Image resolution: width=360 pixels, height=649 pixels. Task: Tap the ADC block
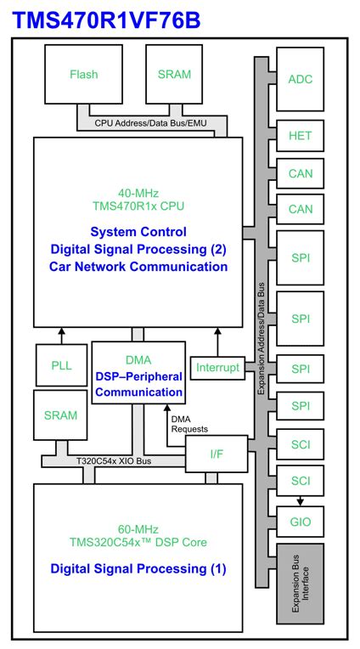pyautogui.click(x=300, y=79)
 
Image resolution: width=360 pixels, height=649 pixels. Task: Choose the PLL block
pyautogui.click(x=60, y=366)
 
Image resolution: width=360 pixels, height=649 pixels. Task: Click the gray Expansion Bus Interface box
pyautogui.click(x=300, y=584)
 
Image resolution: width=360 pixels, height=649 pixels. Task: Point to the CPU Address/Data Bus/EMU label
pyautogui.click(x=149, y=124)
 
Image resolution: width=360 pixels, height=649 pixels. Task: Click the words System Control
pyautogui.click(x=137, y=231)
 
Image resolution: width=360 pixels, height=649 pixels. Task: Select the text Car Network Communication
pyautogui.click(x=137, y=267)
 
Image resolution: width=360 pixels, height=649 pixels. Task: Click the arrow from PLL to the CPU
pyautogui.click(x=60, y=335)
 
